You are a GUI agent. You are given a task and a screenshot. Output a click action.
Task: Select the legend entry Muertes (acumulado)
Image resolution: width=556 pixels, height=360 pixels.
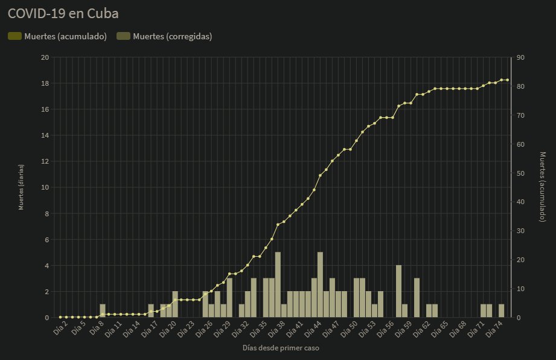57,36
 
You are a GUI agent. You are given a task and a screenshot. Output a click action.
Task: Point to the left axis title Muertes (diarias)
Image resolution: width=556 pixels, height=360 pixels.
21,187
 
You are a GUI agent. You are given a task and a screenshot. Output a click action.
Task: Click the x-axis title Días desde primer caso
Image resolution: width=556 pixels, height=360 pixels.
281,349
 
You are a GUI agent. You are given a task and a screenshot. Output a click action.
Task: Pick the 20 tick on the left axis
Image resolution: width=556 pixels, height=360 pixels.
45,57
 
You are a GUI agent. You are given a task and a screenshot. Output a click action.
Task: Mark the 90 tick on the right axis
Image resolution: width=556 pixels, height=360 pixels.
520,57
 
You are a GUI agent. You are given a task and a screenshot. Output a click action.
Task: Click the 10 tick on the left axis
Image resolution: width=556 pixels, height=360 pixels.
45,187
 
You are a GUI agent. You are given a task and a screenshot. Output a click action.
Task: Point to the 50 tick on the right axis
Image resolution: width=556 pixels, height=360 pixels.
520,173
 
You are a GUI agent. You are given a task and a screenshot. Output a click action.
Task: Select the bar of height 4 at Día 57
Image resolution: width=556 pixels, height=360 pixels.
398,291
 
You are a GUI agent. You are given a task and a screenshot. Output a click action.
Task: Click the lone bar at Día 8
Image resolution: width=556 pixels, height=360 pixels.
103,310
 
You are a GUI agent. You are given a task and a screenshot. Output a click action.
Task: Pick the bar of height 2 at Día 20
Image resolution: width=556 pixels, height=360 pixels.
175,304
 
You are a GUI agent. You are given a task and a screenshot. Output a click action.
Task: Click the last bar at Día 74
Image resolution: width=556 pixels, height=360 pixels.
501,310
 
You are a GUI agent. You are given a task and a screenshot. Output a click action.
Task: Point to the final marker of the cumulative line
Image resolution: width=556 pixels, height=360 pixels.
508,80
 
